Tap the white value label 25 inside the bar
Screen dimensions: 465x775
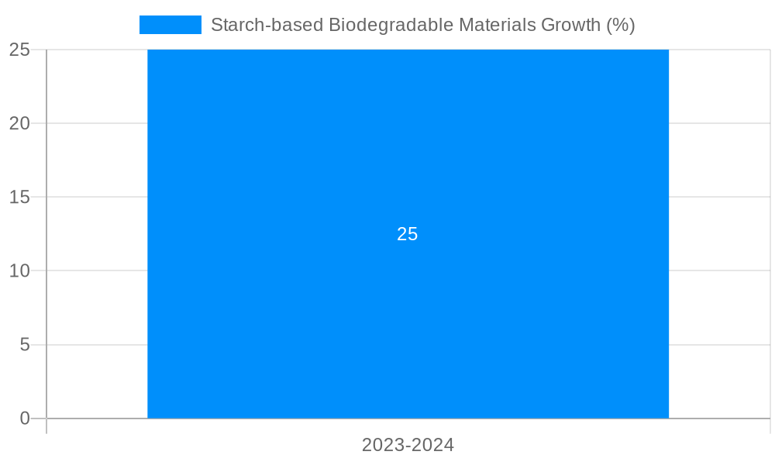click(x=408, y=234)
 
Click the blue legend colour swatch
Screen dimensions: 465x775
click(x=170, y=25)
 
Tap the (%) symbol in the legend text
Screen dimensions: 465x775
click(x=621, y=25)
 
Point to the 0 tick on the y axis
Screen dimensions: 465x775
click(x=25, y=418)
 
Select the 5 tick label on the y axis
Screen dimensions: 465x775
click(x=25, y=344)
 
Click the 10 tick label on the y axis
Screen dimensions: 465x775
click(x=20, y=270)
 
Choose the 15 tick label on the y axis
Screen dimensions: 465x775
click(x=20, y=197)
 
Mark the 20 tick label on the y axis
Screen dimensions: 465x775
click(x=20, y=123)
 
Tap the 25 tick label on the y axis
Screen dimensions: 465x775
click(x=20, y=50)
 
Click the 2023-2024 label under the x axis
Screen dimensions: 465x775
click(x=408, y=445)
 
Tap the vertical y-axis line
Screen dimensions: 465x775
click(x=46, y=232)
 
